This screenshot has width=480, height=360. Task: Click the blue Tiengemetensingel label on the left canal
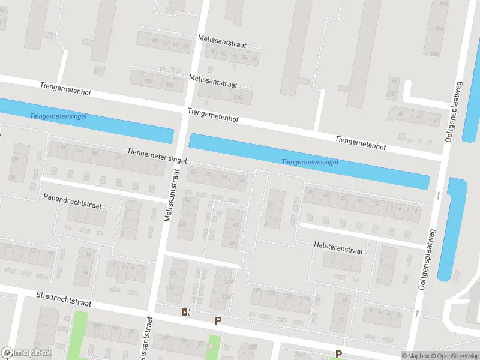[x=58, y=115]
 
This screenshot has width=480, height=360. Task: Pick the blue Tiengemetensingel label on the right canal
[x=310, y=162]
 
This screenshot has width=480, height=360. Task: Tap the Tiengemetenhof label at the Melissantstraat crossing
[x=213, y=115]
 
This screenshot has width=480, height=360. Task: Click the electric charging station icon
[x=186, y=312]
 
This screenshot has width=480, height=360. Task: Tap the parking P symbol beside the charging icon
[x=218, y=320]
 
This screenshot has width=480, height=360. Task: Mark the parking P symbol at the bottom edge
[x=338, y=354]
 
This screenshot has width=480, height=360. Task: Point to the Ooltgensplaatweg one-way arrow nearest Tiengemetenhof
[x=439, y=195]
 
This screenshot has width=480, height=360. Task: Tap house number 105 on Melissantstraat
[x=148, y=80]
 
